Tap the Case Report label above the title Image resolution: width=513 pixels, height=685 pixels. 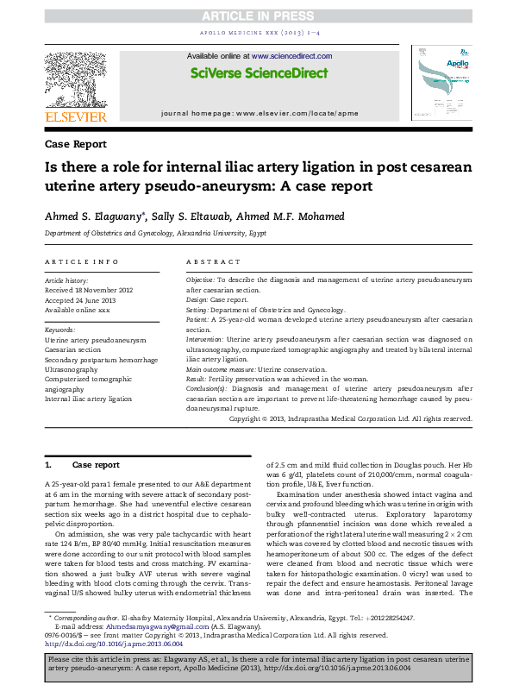pyautogui.click(x=75, y=144)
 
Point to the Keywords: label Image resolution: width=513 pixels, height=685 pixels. pyautogui.click(x=60, y=330)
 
